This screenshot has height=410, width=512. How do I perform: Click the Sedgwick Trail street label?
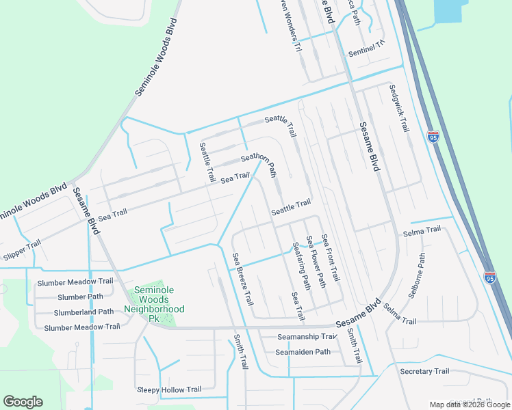[398, 108]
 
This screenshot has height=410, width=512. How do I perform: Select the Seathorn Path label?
[258, 161]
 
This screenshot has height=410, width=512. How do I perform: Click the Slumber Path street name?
[81, 297]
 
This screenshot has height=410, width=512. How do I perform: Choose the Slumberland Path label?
[84, 312]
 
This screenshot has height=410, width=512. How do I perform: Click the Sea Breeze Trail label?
[243, 279]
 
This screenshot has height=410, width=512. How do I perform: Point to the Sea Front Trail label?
[331, 257]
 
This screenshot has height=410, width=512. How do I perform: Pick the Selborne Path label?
[417, 276]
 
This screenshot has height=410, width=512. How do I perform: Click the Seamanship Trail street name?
[307, 337]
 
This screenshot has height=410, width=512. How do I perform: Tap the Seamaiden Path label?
[303, 352]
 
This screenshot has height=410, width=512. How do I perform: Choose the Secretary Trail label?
[424, 371]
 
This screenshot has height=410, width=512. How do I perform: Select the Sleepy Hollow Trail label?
[169, 389]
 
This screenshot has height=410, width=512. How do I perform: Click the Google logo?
[23, 402]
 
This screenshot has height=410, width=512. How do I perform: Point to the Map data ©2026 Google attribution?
[470, 405]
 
